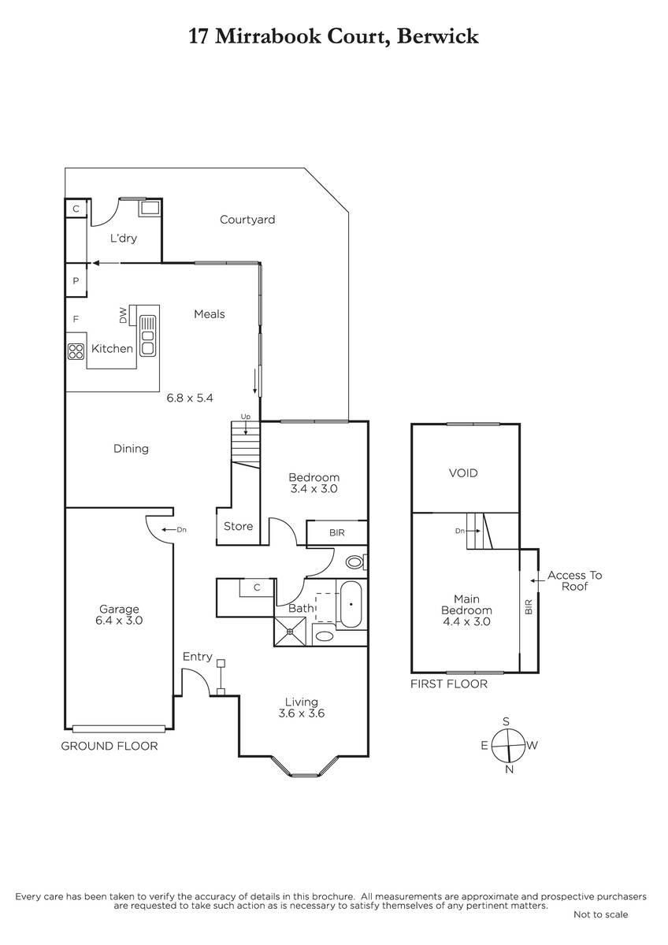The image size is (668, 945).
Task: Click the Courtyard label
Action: coord(247,220)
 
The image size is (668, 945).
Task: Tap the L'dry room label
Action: coord(123,238)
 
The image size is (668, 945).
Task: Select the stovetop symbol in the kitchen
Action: coord(76,351)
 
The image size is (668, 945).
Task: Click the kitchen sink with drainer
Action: coord(147,336)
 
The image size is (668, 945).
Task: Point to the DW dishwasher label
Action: coord(123,316)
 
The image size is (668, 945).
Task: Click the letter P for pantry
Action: coord(76,281)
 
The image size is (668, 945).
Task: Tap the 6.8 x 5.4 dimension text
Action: coord(190,398)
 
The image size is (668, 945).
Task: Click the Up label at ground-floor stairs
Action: coord(246,417)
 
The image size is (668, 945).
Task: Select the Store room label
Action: coord(239,526)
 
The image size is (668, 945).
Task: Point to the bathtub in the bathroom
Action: coord(351,605)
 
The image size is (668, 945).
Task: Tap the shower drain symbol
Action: coord(290,632)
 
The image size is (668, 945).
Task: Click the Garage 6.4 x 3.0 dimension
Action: coord(119,621)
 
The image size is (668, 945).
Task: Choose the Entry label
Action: coord(198,657)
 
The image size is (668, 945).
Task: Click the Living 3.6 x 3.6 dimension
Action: coord(302,713)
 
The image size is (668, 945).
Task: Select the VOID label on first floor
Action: coord(463,473)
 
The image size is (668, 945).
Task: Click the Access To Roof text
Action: coord(575,580)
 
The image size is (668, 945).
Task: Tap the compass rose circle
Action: coord(508,746)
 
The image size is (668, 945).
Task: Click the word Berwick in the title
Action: coord(438,36)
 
